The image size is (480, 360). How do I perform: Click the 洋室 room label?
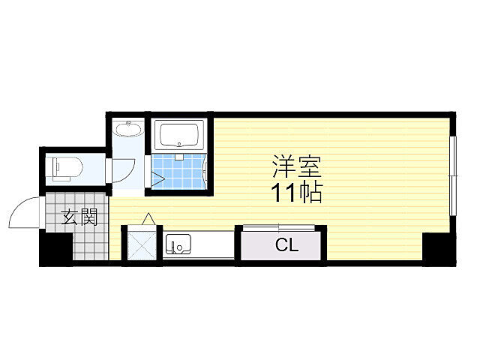[x=297, y=166]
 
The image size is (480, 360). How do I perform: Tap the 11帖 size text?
[x=297, y=193]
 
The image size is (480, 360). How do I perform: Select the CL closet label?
[x=286, y=245]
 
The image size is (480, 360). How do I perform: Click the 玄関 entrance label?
[x=79, y=217]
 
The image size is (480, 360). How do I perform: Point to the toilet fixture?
[x=67, y=169]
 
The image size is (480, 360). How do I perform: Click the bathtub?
[x=179, y=135]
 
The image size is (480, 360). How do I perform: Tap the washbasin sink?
[x=128, y=128]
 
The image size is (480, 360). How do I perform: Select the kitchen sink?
[x=178, y=244]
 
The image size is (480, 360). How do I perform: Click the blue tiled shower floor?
[x=178, y=171]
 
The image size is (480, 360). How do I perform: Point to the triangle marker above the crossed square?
[x=148, y=218]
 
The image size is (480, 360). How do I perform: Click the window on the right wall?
[x=453, y=176]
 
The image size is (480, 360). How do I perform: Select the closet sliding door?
[x=278, y=228]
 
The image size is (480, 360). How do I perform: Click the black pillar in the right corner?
[x=439, y=248]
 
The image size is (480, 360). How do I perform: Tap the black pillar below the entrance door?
[x=56, y=247]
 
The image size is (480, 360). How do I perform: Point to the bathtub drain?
[x=179, y=145]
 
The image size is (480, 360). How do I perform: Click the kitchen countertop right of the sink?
[x=213, y=244]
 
